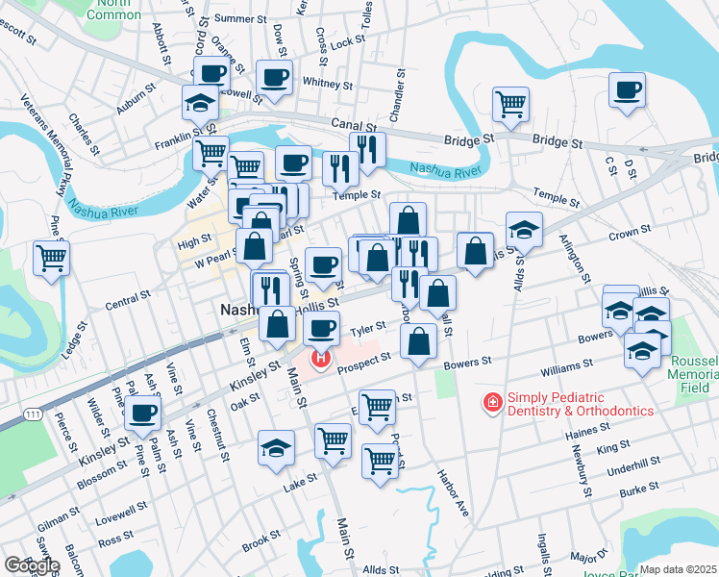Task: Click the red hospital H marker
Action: pyautogui.click(x=319, y=361)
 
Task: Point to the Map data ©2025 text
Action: pyautogui.click(x=678, y=569)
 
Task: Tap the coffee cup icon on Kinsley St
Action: pyautogui.click(x=143, y=414)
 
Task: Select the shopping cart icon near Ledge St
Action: pyautogui.click(x=50, y=257)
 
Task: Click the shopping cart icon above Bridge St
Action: pyautogui.click(x=510, y=102)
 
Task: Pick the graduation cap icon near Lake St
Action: pyautogui.click(x=276, y=448)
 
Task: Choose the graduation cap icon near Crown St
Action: pyautogui.click(x=523, y=229)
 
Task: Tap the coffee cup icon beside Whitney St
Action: pyautogui.click(x=274, y=77)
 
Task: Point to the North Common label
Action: pyautogui.click(x=114, y=10)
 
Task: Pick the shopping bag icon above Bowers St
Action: pyautogui.click(x=419, y=340)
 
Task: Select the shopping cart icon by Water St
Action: pyautogui.click(x=211, y=152)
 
